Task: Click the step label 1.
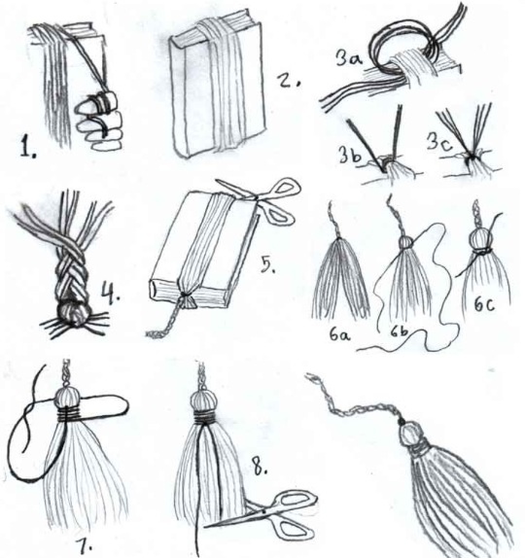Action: click(x=27, y=147)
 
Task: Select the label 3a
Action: click(x=349, y=57)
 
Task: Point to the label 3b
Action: click(x=350, y=155)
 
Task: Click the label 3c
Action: click(x=439, y=144)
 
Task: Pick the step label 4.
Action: click(x=110, y=293)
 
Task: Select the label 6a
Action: click(x=339, y=334)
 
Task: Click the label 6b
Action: click(x=399, y=332)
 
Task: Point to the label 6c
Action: click(x=484, y=304)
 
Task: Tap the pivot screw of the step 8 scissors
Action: click(x=263, y=511)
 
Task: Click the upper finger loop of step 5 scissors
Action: click(x=284, y=187)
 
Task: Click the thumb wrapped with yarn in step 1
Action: click(x=101, y=99)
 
